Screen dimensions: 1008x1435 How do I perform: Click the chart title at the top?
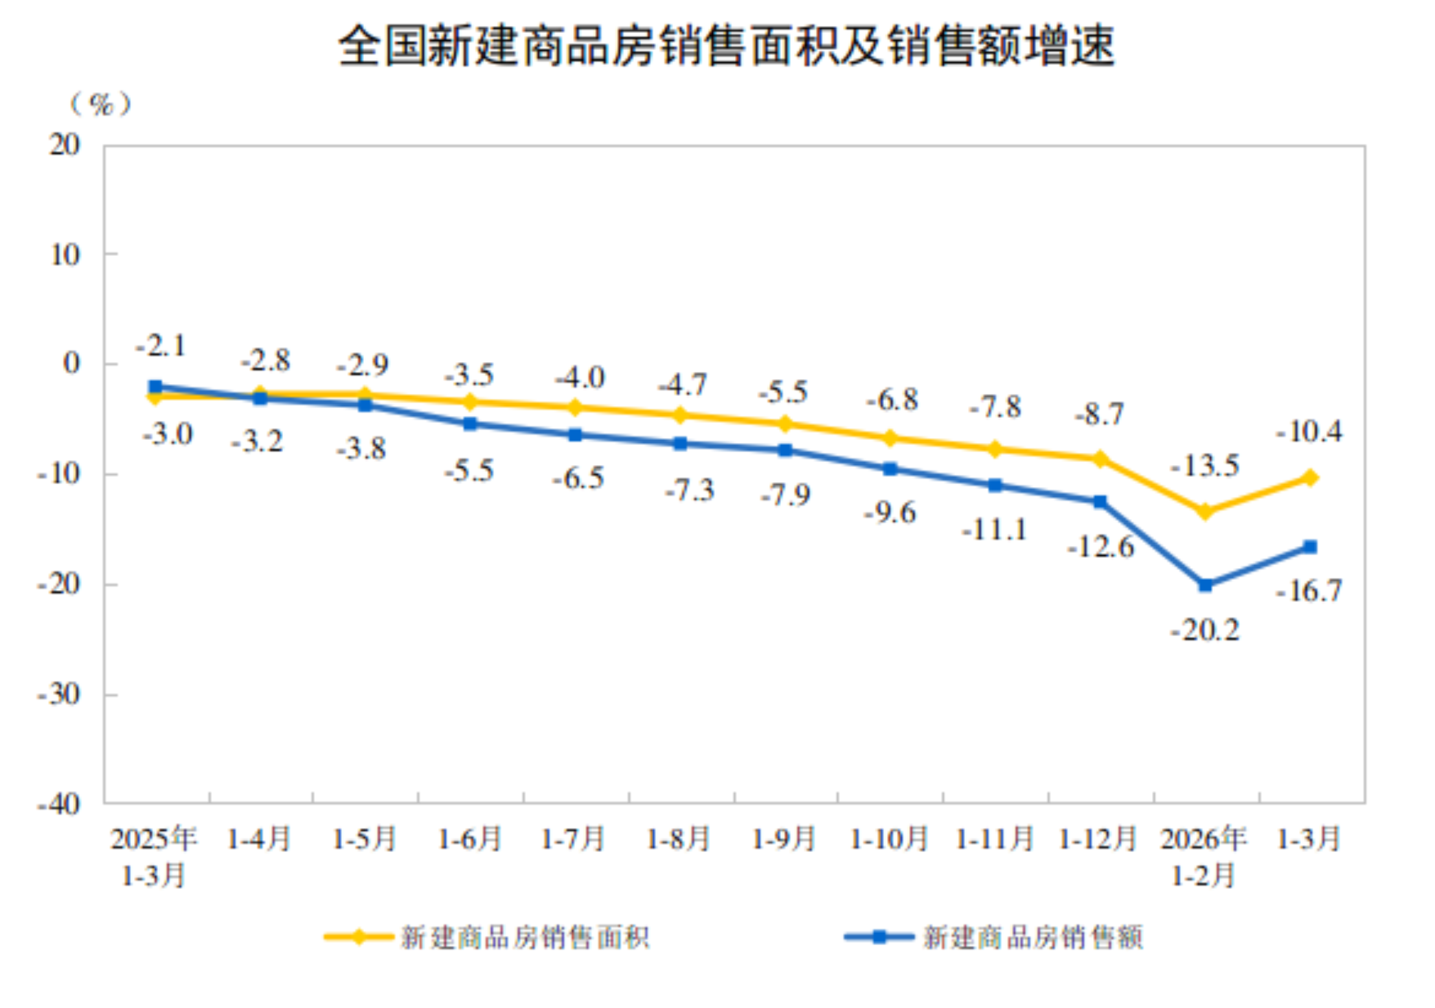click(x=725, y=47)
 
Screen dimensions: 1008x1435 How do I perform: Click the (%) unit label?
click(x=100, y=104)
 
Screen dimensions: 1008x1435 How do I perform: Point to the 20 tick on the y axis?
click(x=65, y=145)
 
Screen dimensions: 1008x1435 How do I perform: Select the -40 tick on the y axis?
click(x=59, y=804)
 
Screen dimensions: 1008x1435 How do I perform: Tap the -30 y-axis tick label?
click(x=59, y=694)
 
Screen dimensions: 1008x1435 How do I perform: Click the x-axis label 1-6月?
click(x=470, y=839)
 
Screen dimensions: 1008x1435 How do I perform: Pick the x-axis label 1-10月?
click(x=889, y=839)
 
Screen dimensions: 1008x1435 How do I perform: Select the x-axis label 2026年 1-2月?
click(x=1204, y=856)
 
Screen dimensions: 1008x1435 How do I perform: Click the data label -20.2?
click(x=1205, y=630)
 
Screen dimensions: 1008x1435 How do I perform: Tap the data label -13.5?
click(x=1205, y=465)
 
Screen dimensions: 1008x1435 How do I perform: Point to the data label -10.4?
click(x=1309, y=431)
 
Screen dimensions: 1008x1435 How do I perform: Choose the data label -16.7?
click(x=1309, y=591)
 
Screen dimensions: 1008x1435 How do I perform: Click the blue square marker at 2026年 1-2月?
click(x=1205, y=585)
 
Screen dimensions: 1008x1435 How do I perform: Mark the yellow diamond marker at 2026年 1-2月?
click(x=1205, y=511)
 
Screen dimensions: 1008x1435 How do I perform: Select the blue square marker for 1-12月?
click(x=1100, y=501)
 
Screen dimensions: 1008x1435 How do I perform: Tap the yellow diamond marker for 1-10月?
click(x=890, y=439)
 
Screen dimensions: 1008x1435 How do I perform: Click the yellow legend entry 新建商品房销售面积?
click(x=487, y=937)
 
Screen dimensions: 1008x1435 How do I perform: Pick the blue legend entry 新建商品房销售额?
click(x=994, y=937)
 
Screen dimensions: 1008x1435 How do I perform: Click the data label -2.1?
click(x=161, y=345)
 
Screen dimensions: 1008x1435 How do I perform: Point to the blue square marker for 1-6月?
click(x=470, y=424)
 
